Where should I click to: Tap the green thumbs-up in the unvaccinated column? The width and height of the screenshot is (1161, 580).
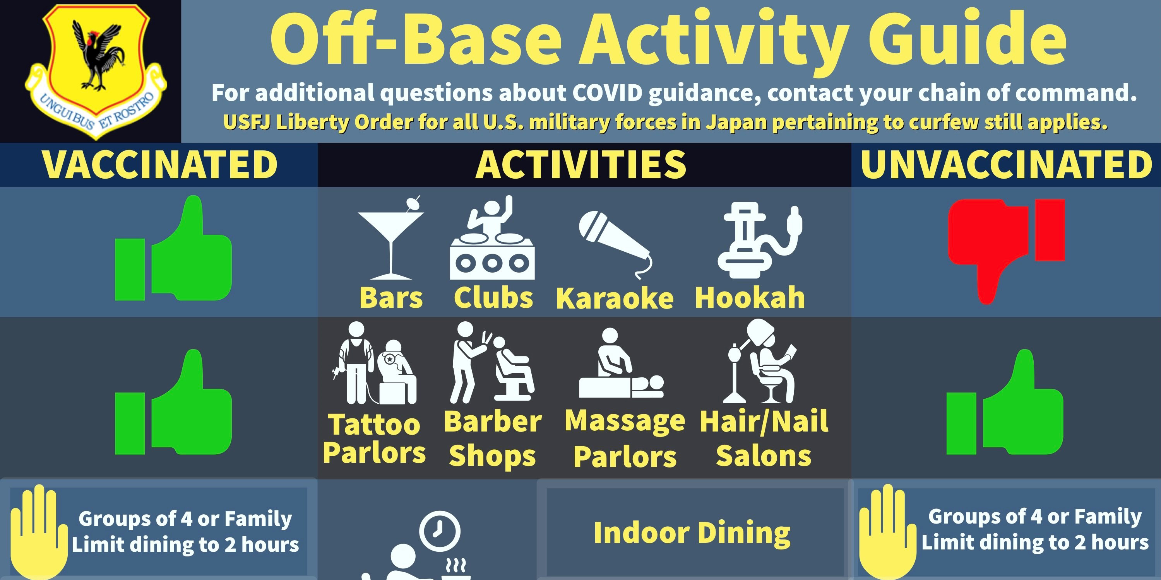point(1005,402)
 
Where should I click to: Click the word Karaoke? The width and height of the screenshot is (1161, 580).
point(615,298)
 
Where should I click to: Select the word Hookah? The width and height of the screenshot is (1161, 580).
point(750,298)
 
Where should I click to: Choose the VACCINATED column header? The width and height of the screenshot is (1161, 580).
point(159,165)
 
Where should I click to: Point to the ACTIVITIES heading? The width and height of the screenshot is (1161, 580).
point(581,165)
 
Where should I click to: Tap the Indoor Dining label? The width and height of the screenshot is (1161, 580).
point(692,533)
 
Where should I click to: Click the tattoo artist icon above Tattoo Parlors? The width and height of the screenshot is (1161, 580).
point(374,363)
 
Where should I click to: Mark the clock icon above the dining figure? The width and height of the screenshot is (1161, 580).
point(439,531)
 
